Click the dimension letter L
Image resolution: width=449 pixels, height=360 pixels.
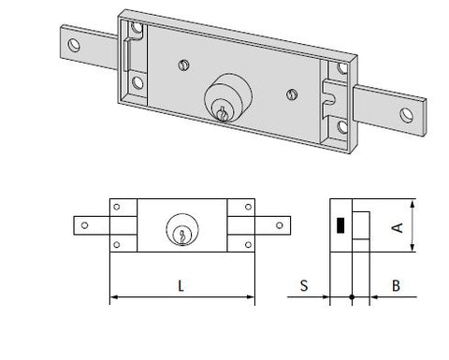coord(181,286)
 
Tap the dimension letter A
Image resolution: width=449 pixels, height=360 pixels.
coord(398,228)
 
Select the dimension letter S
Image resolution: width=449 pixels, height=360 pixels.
coord(304,285)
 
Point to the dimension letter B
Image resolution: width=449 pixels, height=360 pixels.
coord(396,285)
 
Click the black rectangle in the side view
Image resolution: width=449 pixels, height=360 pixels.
coord(340,225)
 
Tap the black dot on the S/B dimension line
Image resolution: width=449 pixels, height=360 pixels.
coord(352,297)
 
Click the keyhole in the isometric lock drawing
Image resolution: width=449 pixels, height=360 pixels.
coord(223,114)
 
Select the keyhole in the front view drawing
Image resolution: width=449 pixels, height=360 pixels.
coord(182,236)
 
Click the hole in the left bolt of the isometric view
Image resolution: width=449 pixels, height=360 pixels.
coord(74,46)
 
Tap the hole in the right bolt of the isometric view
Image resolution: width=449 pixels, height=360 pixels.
coord(406,115)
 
